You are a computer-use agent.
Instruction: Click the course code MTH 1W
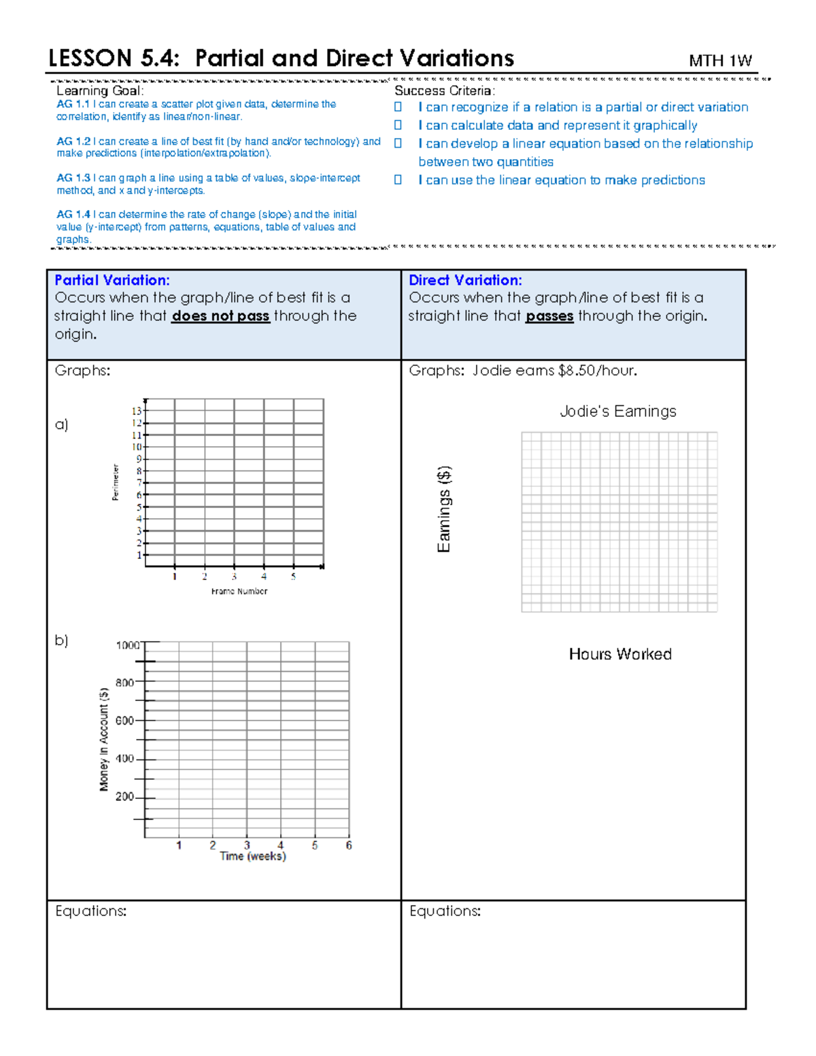720,61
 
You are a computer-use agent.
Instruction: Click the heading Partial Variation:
112,280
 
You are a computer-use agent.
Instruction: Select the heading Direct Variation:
465,280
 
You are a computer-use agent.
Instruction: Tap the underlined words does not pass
220,316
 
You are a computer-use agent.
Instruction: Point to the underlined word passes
549,316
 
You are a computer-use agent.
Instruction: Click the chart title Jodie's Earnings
617,411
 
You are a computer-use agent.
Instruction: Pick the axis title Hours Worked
620,654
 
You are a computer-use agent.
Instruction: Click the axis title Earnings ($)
444,509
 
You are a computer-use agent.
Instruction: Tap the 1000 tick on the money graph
127,645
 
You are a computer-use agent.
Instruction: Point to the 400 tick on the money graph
124,759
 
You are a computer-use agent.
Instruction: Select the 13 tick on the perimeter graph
137,411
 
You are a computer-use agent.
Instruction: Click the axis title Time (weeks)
253,857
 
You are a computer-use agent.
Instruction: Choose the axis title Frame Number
239,592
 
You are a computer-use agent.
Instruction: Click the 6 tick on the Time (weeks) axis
349,846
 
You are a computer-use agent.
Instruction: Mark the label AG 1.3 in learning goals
73,178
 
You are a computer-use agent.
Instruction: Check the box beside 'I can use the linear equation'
398,180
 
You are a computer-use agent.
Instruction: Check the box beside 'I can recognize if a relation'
398,107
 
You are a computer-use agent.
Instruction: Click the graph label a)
62,425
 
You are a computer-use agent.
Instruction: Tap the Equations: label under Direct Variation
445,911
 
